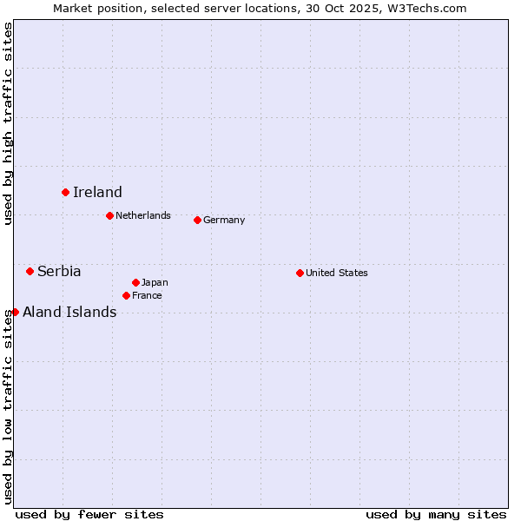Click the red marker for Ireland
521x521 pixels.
pos(65,192)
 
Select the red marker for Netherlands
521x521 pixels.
pos(109,215)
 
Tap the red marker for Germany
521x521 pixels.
pos(197,220)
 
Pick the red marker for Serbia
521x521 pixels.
pos(30,271)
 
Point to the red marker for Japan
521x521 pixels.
pos(135,282)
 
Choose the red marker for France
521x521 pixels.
pos(126,295)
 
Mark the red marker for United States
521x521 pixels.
pos(300,273)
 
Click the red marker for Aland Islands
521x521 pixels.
pos(15,312)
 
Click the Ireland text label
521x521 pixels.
pos(97,193)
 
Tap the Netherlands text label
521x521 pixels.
pos(143,215)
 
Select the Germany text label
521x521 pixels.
pos(224,220)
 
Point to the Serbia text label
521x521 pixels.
pos(59,272)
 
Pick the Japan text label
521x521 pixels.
pos(155,282)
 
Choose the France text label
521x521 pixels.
pos(147,295)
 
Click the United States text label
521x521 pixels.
pos(337,273)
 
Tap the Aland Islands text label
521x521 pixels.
pos(69,313)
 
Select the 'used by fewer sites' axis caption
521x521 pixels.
pos(89,514)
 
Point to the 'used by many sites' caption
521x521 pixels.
pos(436,514)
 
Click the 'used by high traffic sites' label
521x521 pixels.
pos(8,123)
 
